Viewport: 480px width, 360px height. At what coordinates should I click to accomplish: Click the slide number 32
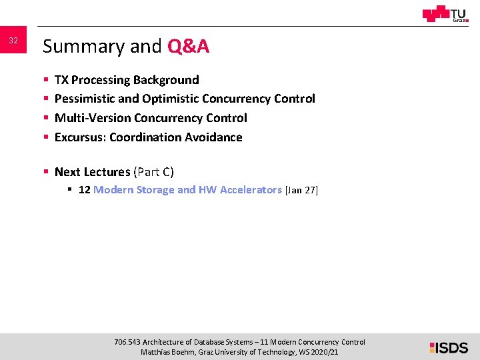tap(13, 41)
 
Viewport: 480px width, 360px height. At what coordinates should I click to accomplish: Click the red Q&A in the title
tap(189, 47)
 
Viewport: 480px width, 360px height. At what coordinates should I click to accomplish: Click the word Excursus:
tap(80, 137)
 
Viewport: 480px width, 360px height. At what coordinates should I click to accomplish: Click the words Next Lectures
tap(92, 172)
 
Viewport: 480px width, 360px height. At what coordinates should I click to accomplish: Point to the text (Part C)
tap(154, 172)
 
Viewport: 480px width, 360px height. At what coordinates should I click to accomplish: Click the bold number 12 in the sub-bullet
tap(85, 190)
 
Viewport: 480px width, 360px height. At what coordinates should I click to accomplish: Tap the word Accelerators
tap(251, 190)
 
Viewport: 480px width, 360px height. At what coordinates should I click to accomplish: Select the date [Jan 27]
tap(302, 190)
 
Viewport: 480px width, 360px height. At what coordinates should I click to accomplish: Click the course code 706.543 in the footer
tap(127, 342)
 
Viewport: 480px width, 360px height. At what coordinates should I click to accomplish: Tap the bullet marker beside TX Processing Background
tap(46, 80)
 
